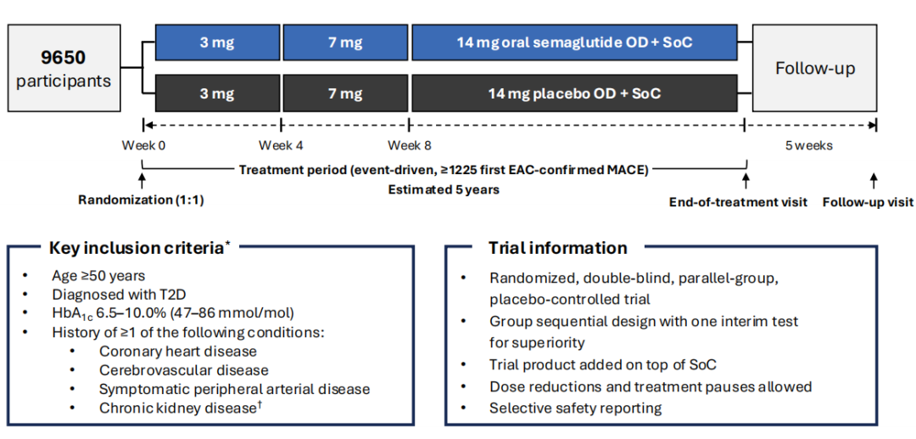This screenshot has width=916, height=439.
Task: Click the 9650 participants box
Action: pos(64,68)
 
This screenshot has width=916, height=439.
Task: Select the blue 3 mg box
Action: pos(218,42)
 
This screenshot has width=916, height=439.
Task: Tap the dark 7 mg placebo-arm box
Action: pos(346,93)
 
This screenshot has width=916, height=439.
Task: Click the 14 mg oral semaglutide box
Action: pos(575,42)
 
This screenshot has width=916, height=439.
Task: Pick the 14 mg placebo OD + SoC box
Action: pos(575,93)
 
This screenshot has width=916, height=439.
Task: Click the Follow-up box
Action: pos(815,68)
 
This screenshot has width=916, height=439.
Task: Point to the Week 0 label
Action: pos(143,145)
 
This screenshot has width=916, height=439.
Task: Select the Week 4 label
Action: pos(281,145)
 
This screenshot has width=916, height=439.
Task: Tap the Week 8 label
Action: pos(410,145)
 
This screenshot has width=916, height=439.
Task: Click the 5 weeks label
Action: pos(809,145)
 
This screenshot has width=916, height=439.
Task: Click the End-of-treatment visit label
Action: pos(738,202)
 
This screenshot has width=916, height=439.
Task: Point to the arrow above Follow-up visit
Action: pos(874,181)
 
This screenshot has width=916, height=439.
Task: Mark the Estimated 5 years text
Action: pos(444,190)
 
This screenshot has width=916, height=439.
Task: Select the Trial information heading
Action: pos(558,247)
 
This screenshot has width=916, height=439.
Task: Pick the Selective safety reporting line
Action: pos(575,408)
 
